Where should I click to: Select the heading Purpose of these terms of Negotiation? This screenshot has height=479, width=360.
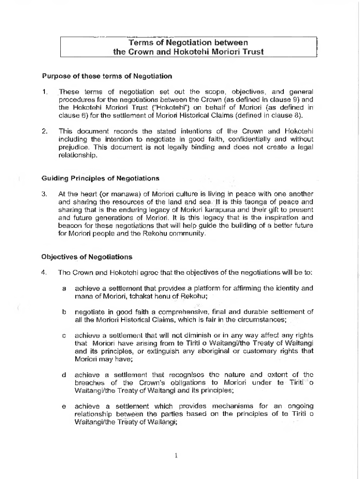pos(107,76)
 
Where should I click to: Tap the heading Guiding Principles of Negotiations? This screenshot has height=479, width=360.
pos(101,178)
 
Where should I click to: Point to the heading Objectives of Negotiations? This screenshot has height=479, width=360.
pos(87,257)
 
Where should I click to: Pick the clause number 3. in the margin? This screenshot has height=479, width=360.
pos(45,194)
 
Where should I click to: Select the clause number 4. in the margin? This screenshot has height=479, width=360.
pos(45,272)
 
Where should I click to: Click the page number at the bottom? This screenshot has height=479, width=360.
pos(175,456)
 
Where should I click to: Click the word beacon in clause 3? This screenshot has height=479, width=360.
pos(69,226)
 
